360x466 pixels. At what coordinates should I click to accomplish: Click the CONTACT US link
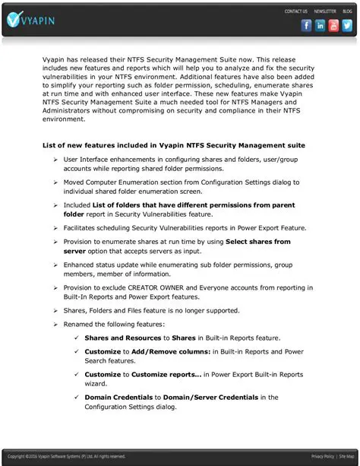[x=295, y=11]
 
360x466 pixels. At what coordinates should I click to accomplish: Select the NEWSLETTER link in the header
[x=324, y=11]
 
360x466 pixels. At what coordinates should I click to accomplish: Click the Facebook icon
[x=307, y=25]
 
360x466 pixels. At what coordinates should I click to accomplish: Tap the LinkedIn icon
[x=321, y=25]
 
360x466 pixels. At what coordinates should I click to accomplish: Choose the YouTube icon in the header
[x=334, y=25]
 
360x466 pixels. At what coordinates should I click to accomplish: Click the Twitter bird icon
[x=348, y=25]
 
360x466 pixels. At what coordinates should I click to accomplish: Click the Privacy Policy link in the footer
[x=322, y=457]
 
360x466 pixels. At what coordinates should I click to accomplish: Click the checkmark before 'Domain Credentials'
[x=76, y=397]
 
